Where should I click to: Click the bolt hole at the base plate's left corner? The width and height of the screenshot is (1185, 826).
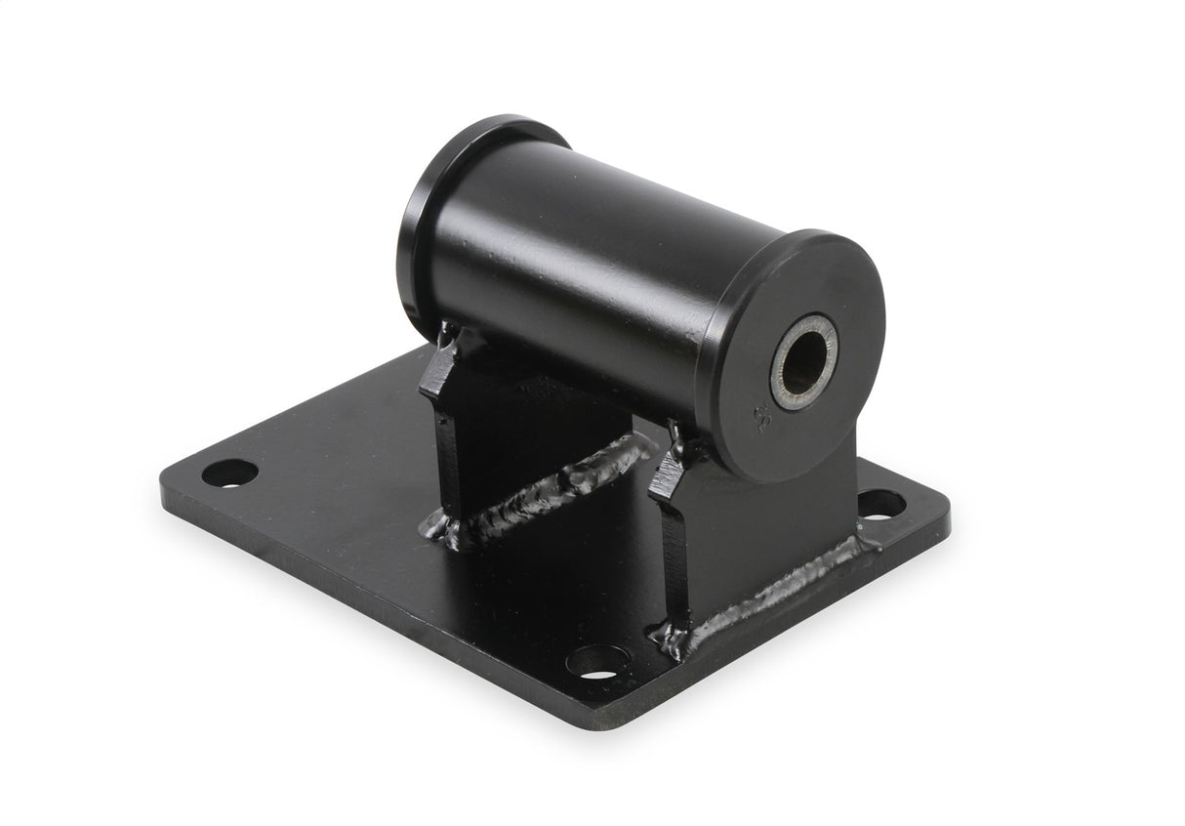[x=229, y=473]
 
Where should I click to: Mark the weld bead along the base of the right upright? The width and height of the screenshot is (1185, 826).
[x=781, y=586]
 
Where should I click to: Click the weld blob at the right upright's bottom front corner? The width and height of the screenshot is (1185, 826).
[x=672, y=640]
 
